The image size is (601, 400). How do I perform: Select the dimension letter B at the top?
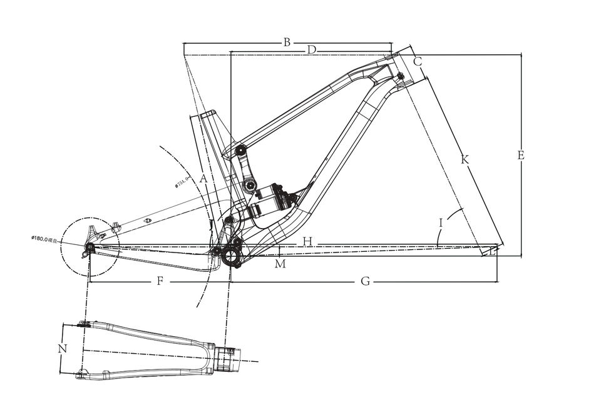(287, 42)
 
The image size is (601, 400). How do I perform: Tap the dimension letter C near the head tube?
(418, 61)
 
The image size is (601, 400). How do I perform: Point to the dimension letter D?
(311, 49)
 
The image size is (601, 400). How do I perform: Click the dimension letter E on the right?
(521, 156)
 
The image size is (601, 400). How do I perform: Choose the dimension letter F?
(160, 282)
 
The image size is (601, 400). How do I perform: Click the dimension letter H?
(307, 241)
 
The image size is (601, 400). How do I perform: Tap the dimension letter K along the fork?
(465, 160)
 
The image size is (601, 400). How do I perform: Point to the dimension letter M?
(280, 264)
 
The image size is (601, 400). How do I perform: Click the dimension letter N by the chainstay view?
(61, 349)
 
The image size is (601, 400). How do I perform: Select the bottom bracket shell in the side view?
(231, 256)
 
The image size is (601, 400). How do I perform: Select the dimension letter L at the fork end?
(493, 251)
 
